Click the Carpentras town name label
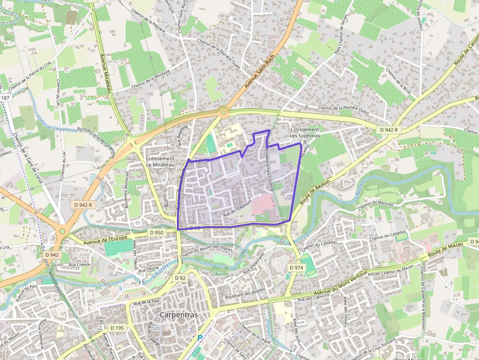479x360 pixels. (x=179, y=315)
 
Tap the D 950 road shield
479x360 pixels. (x=156, y=233)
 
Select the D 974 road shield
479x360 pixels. (x=297, y=268)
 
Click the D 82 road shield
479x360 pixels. (x=180, y=277)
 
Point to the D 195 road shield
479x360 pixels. (x=117, y=327)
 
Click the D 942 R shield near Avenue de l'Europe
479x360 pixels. (x=84, y=205)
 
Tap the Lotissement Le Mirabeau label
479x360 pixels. (x=160, y=162)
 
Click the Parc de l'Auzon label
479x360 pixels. (x=221, y=271)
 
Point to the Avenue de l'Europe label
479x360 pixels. (x=106, y=239)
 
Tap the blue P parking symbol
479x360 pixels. (x=199, y=338)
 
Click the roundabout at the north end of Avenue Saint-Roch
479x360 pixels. (x=223, y=112)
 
